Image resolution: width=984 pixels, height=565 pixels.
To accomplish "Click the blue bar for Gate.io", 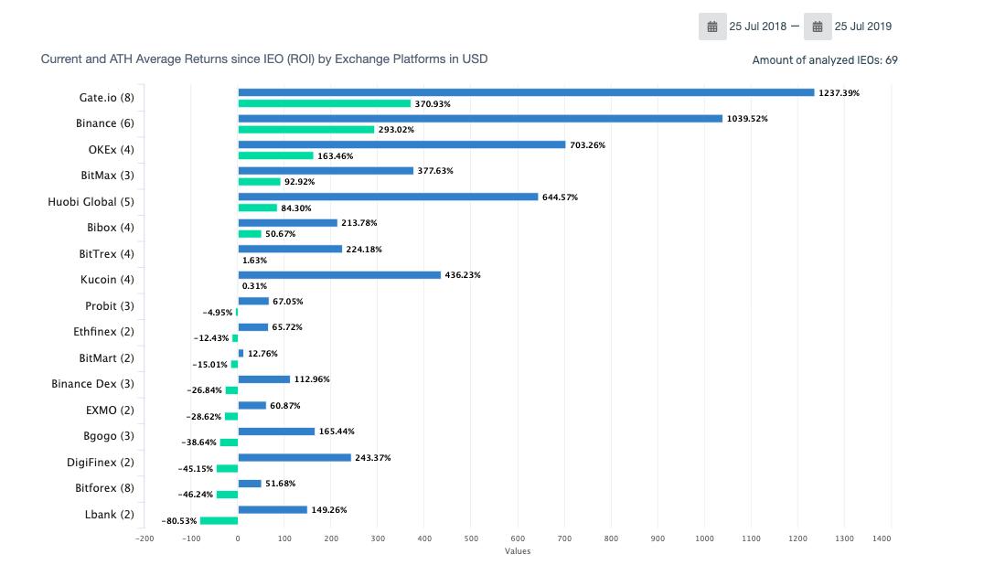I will coord(526,92).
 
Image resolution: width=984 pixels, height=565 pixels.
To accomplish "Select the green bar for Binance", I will coord(306,130).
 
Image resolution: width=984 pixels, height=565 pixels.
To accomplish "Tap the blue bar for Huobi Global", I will coord(388,197).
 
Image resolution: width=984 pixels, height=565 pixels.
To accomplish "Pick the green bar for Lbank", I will coord(219,521).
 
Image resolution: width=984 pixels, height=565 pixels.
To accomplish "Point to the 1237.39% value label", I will coord(840,93).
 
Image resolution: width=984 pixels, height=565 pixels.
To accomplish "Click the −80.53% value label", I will coord(180,521).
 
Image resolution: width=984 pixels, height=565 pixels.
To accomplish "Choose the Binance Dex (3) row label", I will coord(92,384).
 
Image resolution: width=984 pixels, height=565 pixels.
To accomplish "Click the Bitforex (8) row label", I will coord(104,488).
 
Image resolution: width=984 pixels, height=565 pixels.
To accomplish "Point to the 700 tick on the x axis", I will coord(564,538).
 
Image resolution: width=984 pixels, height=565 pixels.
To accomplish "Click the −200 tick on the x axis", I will coord(144,538).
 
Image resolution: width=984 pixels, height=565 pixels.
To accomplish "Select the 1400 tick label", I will coord(882,538).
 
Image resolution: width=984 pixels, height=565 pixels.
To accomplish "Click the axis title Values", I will coord(518,551).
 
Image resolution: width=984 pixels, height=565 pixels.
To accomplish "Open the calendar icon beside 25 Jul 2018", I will coord(712,27).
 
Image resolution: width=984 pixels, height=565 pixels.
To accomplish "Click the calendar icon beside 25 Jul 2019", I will coord(818,27).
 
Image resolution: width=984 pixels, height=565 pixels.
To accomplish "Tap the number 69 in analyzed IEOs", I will coord(891,60).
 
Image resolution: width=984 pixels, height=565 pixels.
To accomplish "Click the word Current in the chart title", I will coord(61,59).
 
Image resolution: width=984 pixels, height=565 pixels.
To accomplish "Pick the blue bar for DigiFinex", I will coord(294,457).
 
